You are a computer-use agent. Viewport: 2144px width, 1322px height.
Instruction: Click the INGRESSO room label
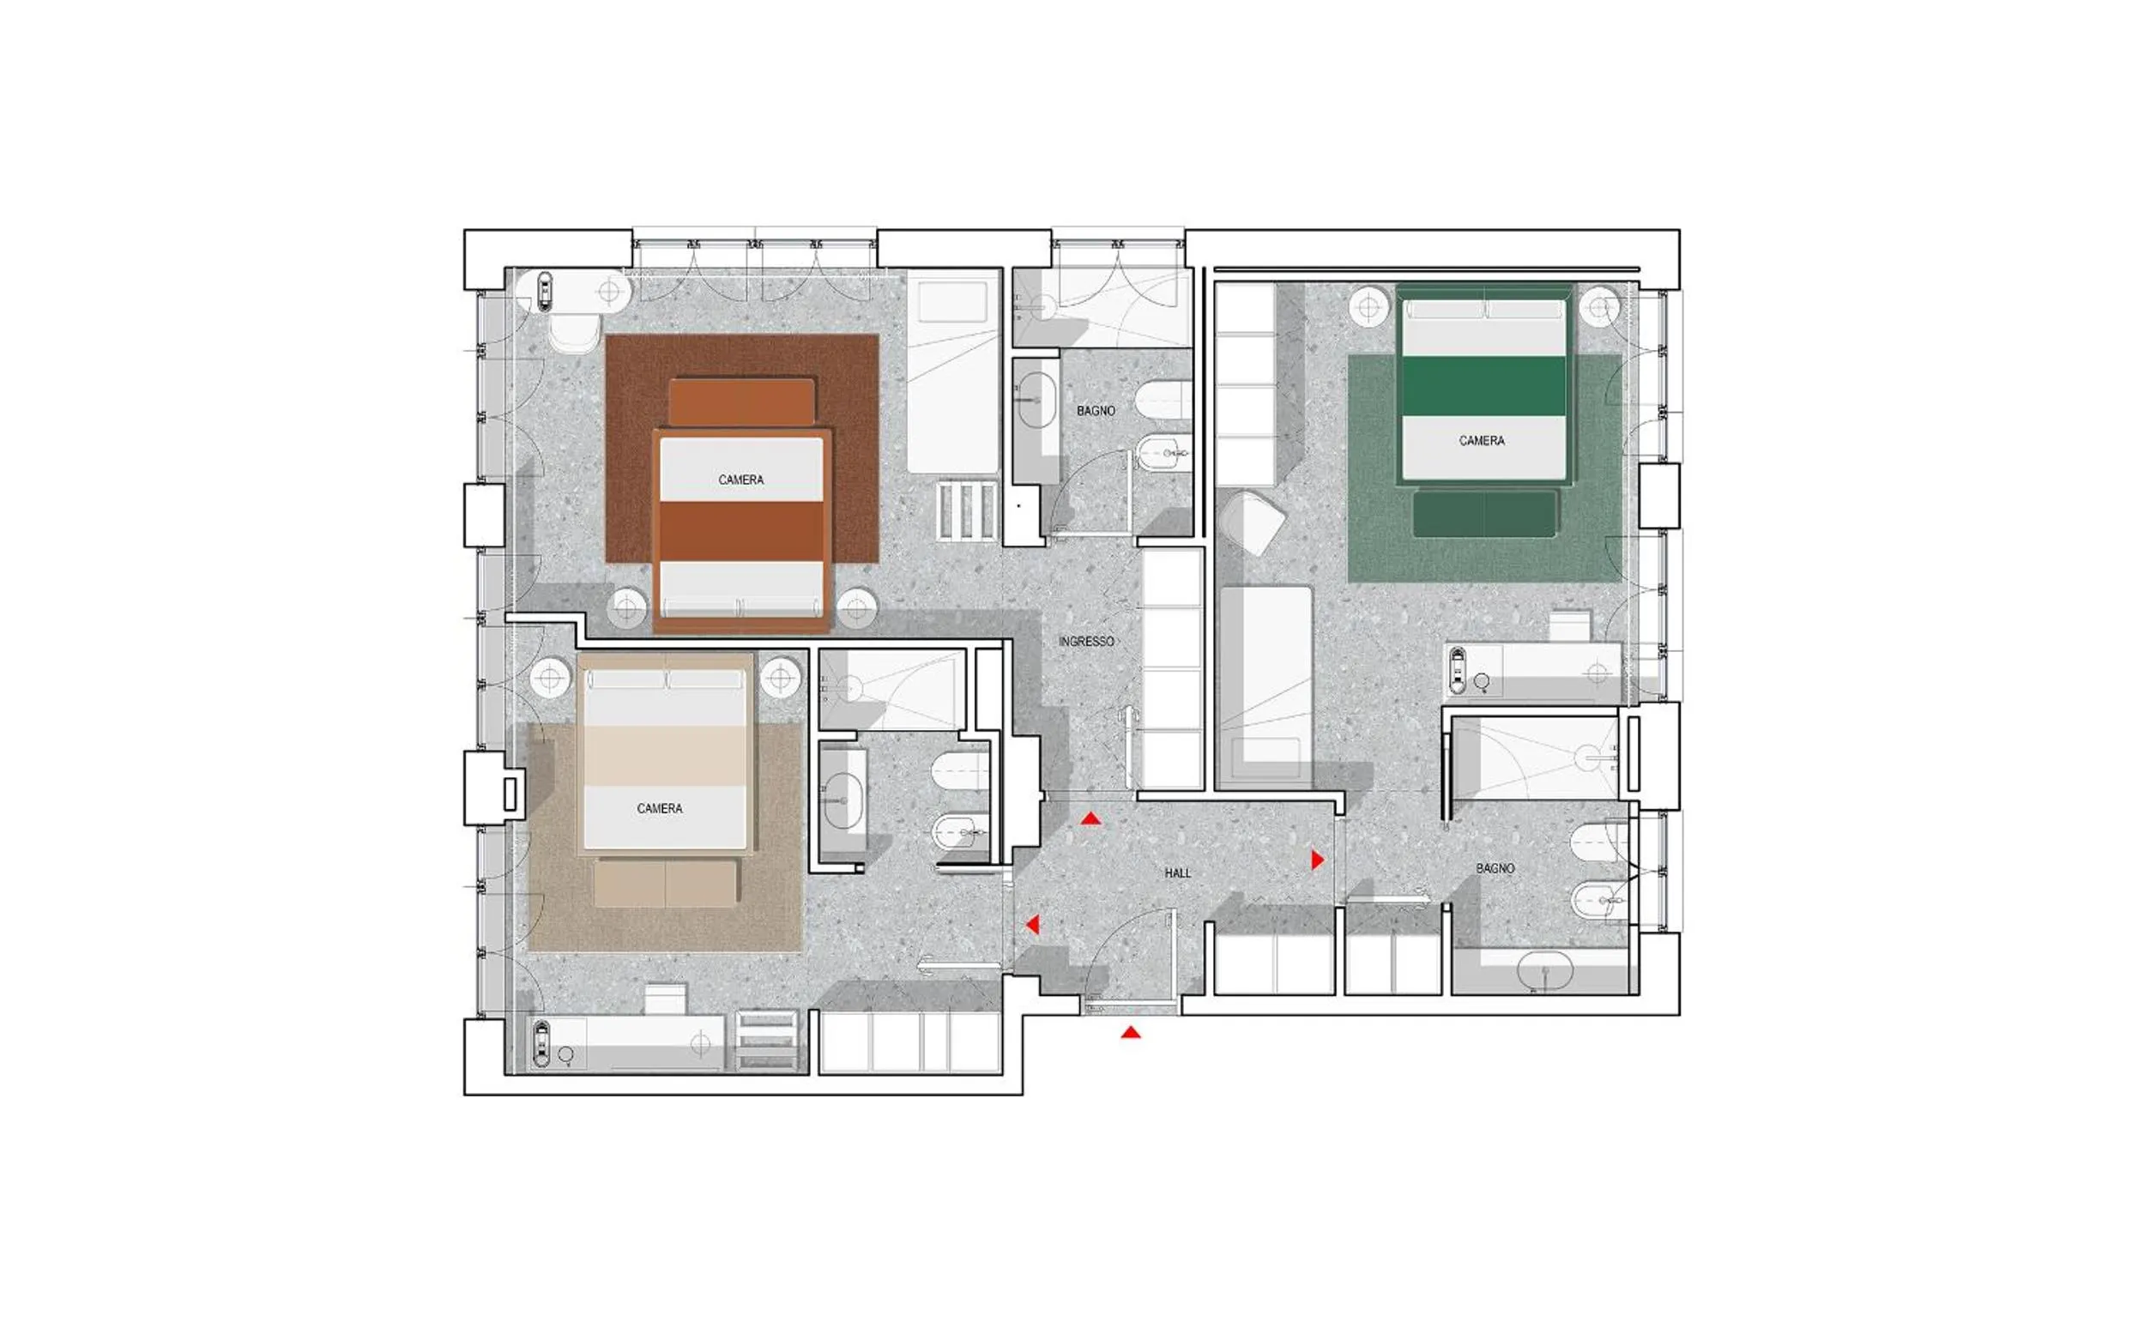(1086, 642)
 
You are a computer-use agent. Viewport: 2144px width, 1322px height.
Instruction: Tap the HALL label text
(1177, 873)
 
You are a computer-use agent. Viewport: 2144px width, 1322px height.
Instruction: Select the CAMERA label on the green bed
(1481, 441)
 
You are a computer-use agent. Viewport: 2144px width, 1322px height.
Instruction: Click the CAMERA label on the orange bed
(740, 480)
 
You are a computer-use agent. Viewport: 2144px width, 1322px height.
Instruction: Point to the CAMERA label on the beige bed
(659, 809)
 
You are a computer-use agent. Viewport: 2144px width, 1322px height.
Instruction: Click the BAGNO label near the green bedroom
(1495, 868)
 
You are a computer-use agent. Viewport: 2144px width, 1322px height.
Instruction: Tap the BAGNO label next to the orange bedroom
(1096, 410)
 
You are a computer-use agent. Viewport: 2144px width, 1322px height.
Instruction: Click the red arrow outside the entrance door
(1131, 1033)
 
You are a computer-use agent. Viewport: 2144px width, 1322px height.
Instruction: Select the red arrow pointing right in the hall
(1318, 860)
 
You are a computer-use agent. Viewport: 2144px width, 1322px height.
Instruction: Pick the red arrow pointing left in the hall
(1033, 924)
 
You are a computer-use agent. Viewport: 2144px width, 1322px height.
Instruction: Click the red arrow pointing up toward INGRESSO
(1090, 818)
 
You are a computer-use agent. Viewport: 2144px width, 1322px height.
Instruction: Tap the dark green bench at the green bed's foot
(1485, 513)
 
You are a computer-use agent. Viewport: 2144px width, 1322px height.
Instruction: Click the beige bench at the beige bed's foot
(666, 883)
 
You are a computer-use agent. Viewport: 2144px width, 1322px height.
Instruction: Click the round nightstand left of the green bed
(1368, 308)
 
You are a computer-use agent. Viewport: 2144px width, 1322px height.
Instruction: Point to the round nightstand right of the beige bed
(780, 678)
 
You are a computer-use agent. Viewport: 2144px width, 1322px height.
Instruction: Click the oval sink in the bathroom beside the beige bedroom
(843, 801)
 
